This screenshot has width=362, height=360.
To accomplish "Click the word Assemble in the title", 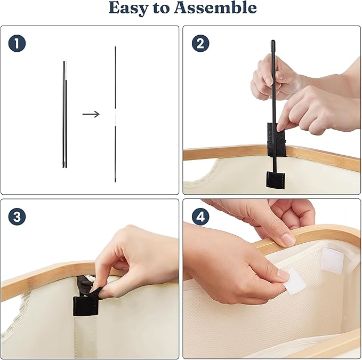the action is pyautogui.click(x=215, y=7).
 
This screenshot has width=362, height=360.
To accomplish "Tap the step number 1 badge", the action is pyautogui.click(x=17, y=43).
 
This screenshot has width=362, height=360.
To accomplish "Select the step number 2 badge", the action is pyautogui.click(x=200, y=43).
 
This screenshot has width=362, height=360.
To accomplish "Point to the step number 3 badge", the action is pyautogui.click(x=17, y=217).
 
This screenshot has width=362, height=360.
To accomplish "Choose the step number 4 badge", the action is pyautogui.click(x=200, y=217).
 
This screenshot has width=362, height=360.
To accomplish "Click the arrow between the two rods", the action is pyautogui.click(x=91, y=114).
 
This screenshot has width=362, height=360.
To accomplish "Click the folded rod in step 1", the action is pyautogui.click(x=65, y=114).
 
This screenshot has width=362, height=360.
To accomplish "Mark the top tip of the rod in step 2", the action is pyautogui.click(x=273, y=41).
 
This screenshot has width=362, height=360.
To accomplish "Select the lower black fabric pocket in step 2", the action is pyautogui.click(x=275, y=180).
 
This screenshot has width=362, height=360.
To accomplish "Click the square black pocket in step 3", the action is pyautogui.click(x=86, y=306).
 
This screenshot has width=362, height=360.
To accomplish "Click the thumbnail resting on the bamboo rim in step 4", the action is pyautogui.click(x=288, y=239).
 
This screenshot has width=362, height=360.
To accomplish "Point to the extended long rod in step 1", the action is pyautogui.click(x=115, y=114).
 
